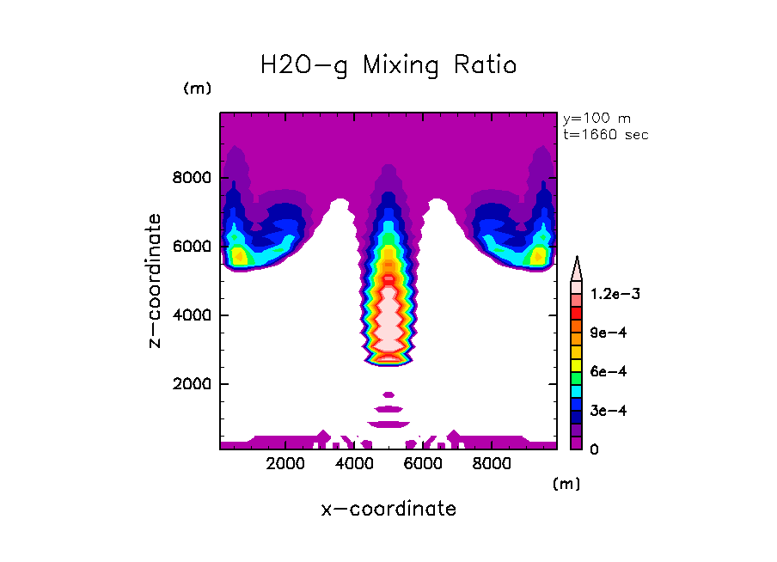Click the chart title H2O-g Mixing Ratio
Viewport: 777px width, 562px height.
click(x=388, y=65)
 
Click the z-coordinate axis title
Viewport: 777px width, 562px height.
click(x=156, y=281)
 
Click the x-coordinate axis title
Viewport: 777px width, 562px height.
click(x=388, y=509)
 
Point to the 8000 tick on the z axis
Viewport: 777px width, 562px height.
click(x=193, y=178)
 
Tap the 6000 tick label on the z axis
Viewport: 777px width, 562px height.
click(x=193, y=247)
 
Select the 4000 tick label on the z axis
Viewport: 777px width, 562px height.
click(x=193, y=315)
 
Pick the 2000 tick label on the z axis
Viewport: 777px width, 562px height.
click(x=193, y=384)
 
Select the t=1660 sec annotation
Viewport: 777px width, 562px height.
click(x=605, y=134)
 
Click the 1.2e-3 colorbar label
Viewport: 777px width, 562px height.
click(x=615, y=294)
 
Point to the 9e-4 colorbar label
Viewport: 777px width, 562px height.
click(x=609, y=333)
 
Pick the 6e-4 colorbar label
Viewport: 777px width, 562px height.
click(x=609, y=371)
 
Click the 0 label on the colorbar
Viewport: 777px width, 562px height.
click(x=594, y=449)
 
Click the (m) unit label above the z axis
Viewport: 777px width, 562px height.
click(x=197, y=89)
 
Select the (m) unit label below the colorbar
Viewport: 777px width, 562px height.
click(x=566, y=484)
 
